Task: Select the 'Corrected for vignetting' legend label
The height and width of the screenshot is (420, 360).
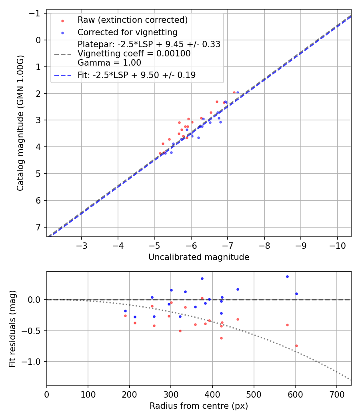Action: pyautogui.click(x=128, y=32)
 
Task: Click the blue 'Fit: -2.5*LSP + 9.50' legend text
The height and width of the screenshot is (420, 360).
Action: pyautogui.click(x=136, y=75)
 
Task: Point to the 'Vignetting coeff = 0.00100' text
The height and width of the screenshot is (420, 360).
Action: pyautogui.click(x=134, y=54)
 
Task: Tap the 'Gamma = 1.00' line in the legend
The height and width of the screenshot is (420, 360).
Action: pyautogui.click(x=109, y=63)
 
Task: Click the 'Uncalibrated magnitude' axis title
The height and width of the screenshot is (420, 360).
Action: pyautogui.click(x=199, y=257)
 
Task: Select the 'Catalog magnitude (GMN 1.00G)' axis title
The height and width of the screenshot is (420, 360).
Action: pyautogui.click(x=20, y=123)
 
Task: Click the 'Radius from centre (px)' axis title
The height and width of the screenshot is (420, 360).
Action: pyautogui.click(x=199, y=406)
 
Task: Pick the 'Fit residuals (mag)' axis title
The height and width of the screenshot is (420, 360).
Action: pyautogui.click(x=12, y=328)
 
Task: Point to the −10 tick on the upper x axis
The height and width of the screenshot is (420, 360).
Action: pyautogui.click(x=337, y=245)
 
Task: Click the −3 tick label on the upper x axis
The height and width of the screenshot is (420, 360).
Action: pyautogui.click(x=82, y=245)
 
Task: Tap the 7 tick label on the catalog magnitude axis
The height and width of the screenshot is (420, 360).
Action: pyautogui.click(x=38, y=227)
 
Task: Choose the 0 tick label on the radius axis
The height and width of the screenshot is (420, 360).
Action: pyautogui.click(x=47, y=394)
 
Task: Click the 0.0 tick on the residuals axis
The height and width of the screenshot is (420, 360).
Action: pyautogui.click(x=36, y=300)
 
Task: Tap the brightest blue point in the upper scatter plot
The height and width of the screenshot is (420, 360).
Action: pyautogui.click(x=238, y=92)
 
